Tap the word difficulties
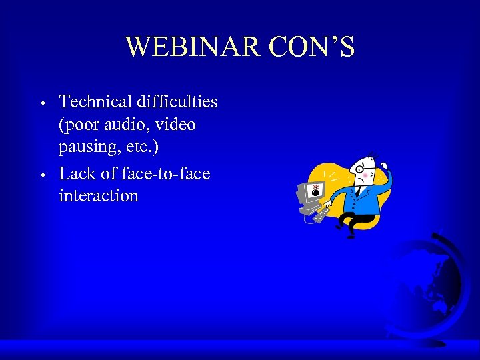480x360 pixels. (179, 101)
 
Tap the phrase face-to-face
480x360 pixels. (167, 173)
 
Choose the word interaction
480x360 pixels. (99, 196)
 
